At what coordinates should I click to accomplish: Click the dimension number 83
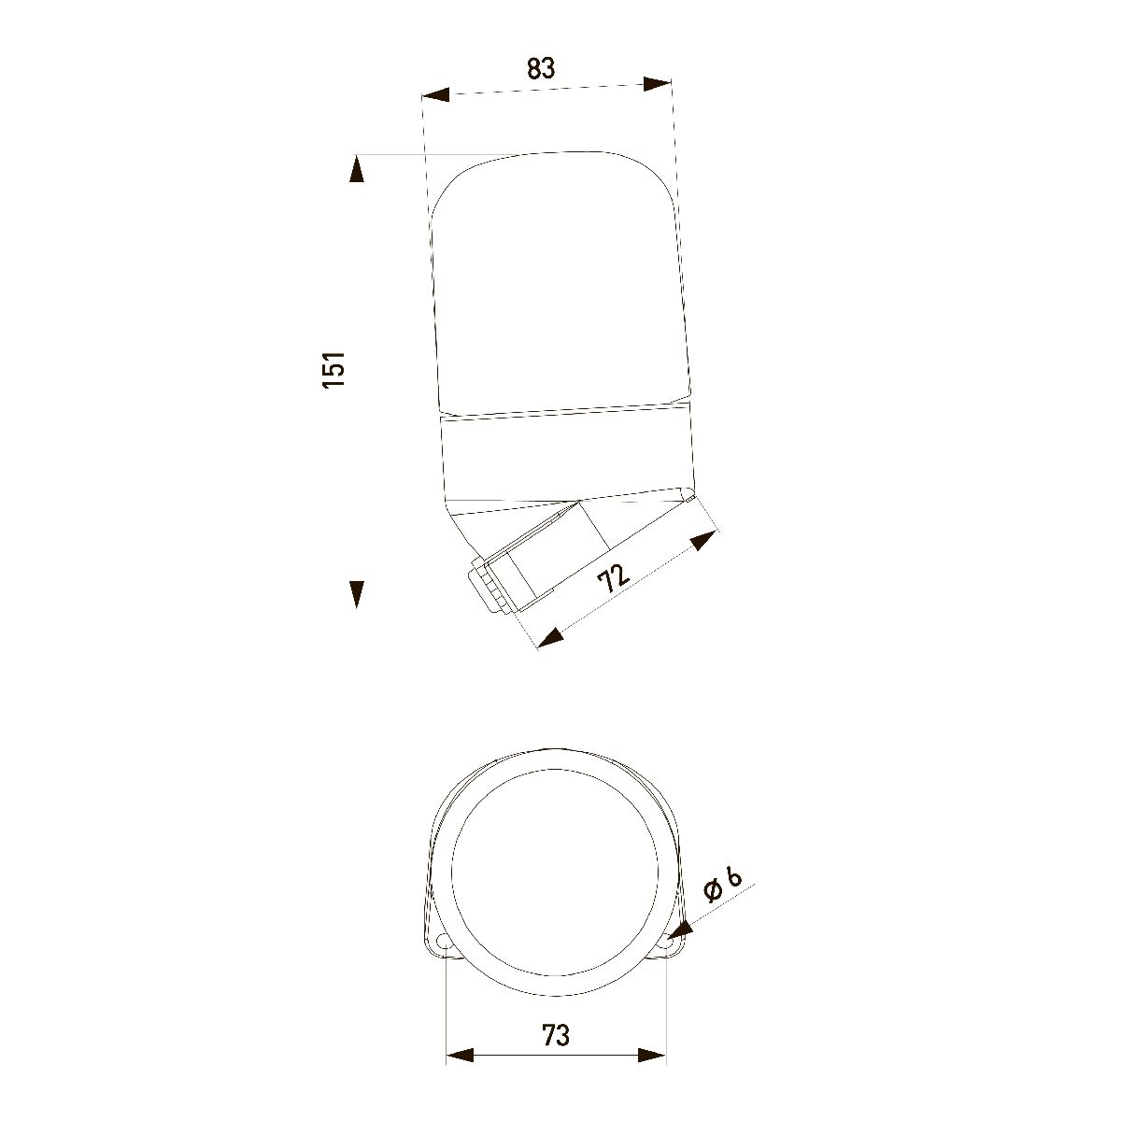(x=541, y=68)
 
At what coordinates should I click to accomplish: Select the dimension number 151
(x=334, y=369)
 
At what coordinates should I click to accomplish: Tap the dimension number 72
(x=615, y=577)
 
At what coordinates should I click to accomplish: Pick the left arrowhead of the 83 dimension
(x=436, y=94)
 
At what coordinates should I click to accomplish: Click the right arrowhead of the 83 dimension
(x=658, y=84)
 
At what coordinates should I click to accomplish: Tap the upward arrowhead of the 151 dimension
(x=357, y=171)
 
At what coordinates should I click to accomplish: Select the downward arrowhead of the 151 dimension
(x=357, y=594)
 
